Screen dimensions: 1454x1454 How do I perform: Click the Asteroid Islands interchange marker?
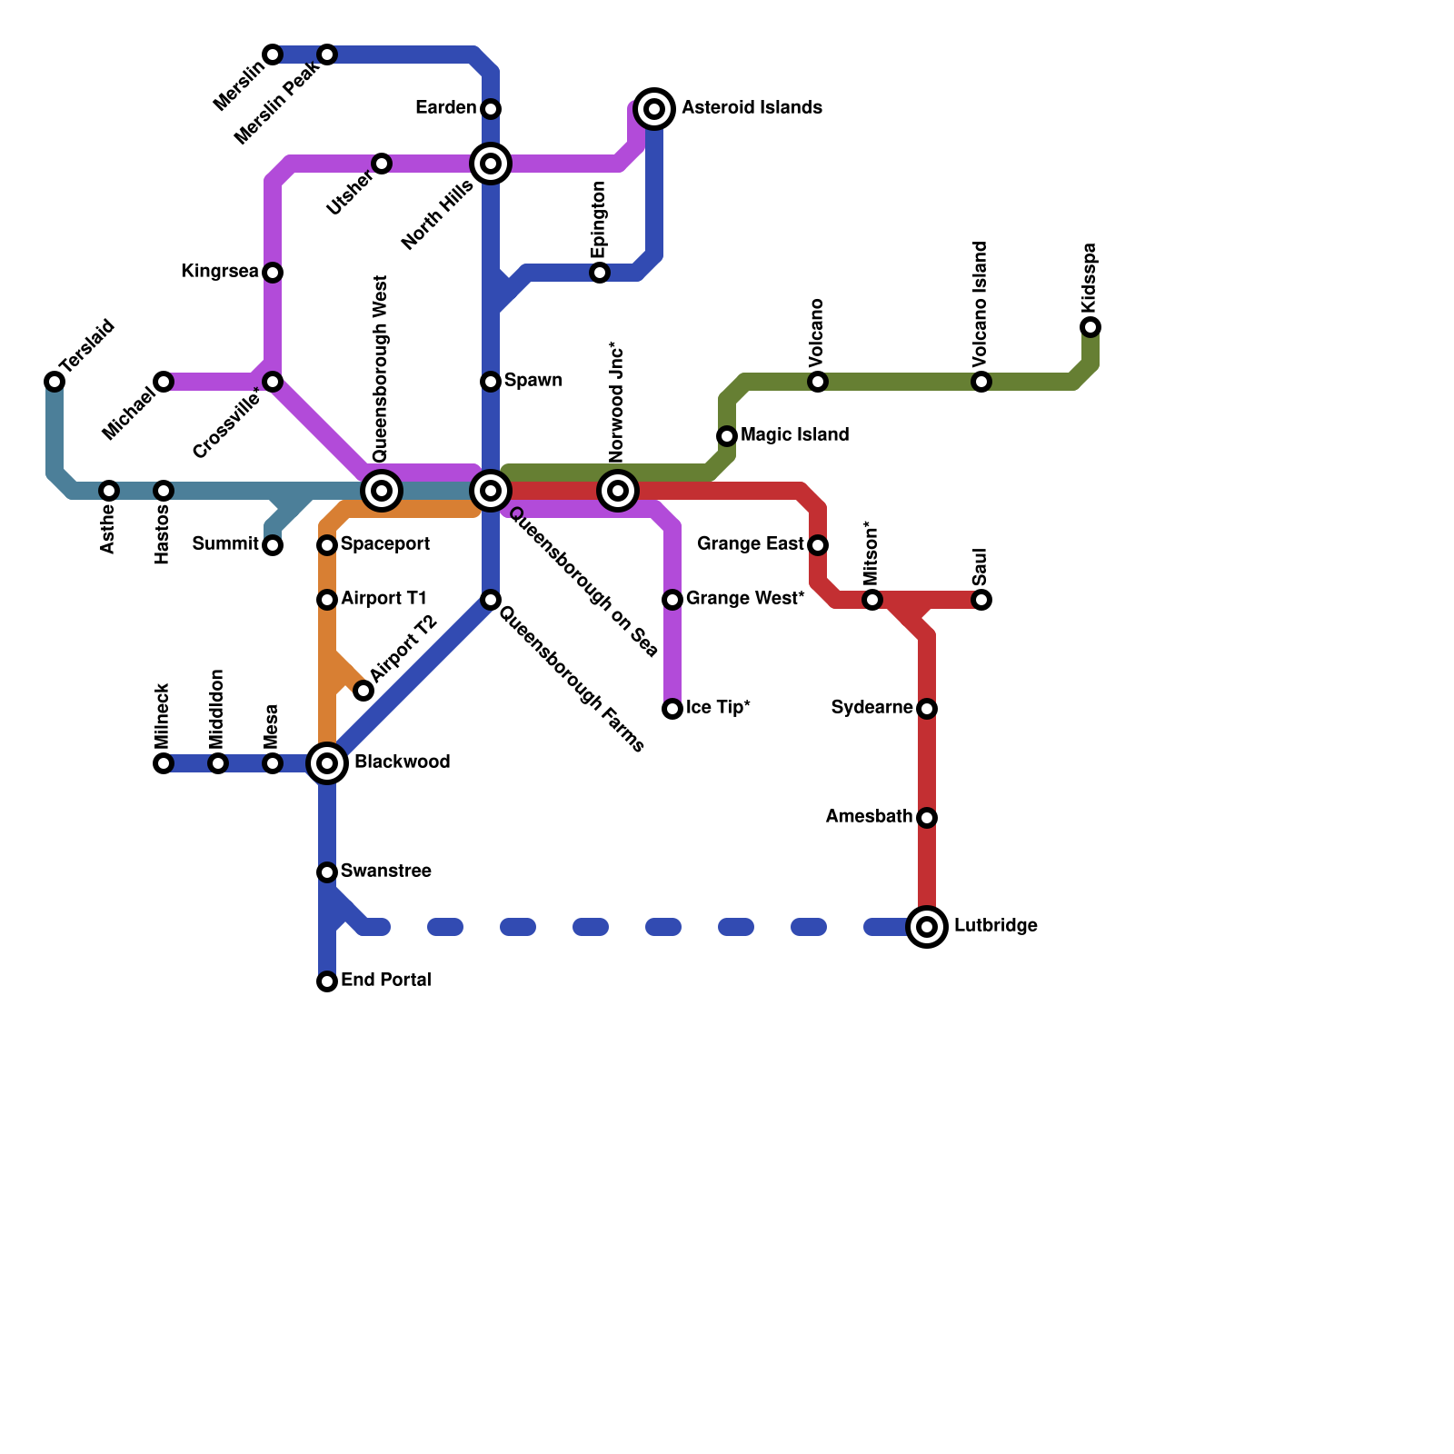654,109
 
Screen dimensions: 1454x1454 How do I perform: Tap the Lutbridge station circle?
927,927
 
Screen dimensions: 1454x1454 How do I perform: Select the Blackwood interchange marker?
327,763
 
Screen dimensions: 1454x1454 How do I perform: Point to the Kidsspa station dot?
1090,327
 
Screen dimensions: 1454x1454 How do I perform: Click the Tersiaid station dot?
55,382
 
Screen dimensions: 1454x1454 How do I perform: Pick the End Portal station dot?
327,981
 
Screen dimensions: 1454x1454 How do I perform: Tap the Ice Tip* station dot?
672,709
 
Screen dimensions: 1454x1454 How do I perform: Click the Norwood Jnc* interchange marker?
618,491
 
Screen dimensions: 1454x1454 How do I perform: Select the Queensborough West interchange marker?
382,491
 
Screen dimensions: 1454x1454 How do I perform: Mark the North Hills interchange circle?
491,164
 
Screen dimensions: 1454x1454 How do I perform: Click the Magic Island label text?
794,435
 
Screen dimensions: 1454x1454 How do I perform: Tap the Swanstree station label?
385,871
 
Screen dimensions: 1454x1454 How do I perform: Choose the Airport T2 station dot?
363,691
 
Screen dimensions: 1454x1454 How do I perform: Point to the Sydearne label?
871,708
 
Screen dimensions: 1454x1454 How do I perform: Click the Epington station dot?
600,273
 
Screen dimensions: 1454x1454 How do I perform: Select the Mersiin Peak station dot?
327,55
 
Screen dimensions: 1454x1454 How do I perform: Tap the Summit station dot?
273,545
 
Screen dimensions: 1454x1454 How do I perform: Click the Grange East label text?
751,544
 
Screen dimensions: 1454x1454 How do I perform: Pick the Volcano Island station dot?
981,382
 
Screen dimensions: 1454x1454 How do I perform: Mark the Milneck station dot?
164,763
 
